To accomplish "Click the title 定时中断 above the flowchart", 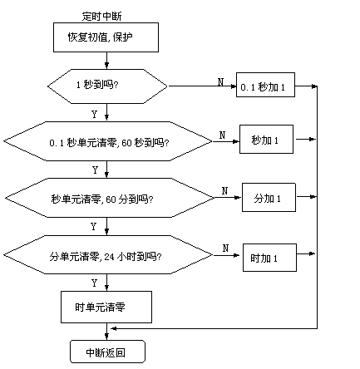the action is [x=101, y=17].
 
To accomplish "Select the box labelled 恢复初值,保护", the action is [x=106, y=37].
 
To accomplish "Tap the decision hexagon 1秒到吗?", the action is [x=107, y=86].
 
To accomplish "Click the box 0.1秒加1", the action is [x=265, y=85].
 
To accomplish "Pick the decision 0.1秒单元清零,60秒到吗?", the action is [x=108, y=141].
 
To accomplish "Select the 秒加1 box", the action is [x=266, y=139].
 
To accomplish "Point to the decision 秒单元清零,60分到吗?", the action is [x=110, y=198].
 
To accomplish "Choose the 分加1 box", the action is [x=269, y=197].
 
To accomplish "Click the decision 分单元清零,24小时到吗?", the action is [x=108, y=255].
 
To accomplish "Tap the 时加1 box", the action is [x=269, y=258].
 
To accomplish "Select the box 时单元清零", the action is [x=106, y=307].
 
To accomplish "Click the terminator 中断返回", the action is [x=107, y=352].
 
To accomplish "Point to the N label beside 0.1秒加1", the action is [x=220, y=81].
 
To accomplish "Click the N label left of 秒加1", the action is [x=222, y=135].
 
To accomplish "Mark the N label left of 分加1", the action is [x=224, y=191].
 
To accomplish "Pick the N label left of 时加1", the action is [x=225, y=248].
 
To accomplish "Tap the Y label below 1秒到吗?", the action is [x=94, y=114].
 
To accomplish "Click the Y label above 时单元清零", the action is [x=94, y=283].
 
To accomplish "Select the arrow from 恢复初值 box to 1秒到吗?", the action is [x=106, y=61].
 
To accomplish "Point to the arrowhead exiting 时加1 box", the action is [x=313, y=253].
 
